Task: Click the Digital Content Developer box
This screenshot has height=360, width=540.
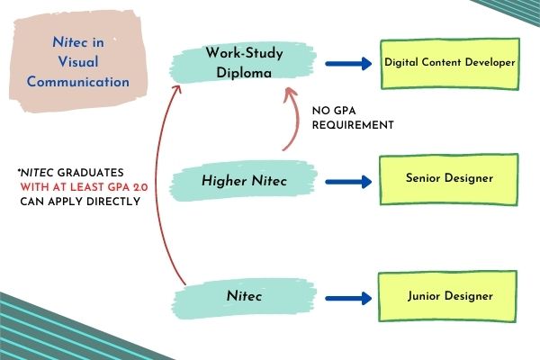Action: pos(450,64)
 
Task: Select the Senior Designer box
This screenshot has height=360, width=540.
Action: pos(449,179)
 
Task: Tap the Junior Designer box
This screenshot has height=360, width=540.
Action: pos(447,296)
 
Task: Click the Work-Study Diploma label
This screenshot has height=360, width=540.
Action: pos(243,63)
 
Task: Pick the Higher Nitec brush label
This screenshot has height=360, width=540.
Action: pos(243,181)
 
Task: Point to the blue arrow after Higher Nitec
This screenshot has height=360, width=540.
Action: pos(348,182)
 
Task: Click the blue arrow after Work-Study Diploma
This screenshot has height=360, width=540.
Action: pos(348,63)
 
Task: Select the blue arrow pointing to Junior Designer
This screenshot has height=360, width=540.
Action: pos(348,298)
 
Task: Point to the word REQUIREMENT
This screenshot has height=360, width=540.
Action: pos(353,125)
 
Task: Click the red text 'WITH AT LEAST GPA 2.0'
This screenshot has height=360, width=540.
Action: pos(84,187)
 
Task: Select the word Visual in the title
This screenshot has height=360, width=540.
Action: pos(78,62)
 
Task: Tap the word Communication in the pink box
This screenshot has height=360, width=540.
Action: pos(78,82)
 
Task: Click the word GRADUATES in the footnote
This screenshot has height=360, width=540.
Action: pos(90,173)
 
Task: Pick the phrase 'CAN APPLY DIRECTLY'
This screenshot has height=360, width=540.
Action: pos(80,202)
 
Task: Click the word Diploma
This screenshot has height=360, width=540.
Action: pos(244,73)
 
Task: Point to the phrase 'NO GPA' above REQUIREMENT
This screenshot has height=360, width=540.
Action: pos(334,111)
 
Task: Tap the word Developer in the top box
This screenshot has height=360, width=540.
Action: pos(490,62)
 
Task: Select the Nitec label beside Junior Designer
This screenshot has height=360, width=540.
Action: pos(244,296)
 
